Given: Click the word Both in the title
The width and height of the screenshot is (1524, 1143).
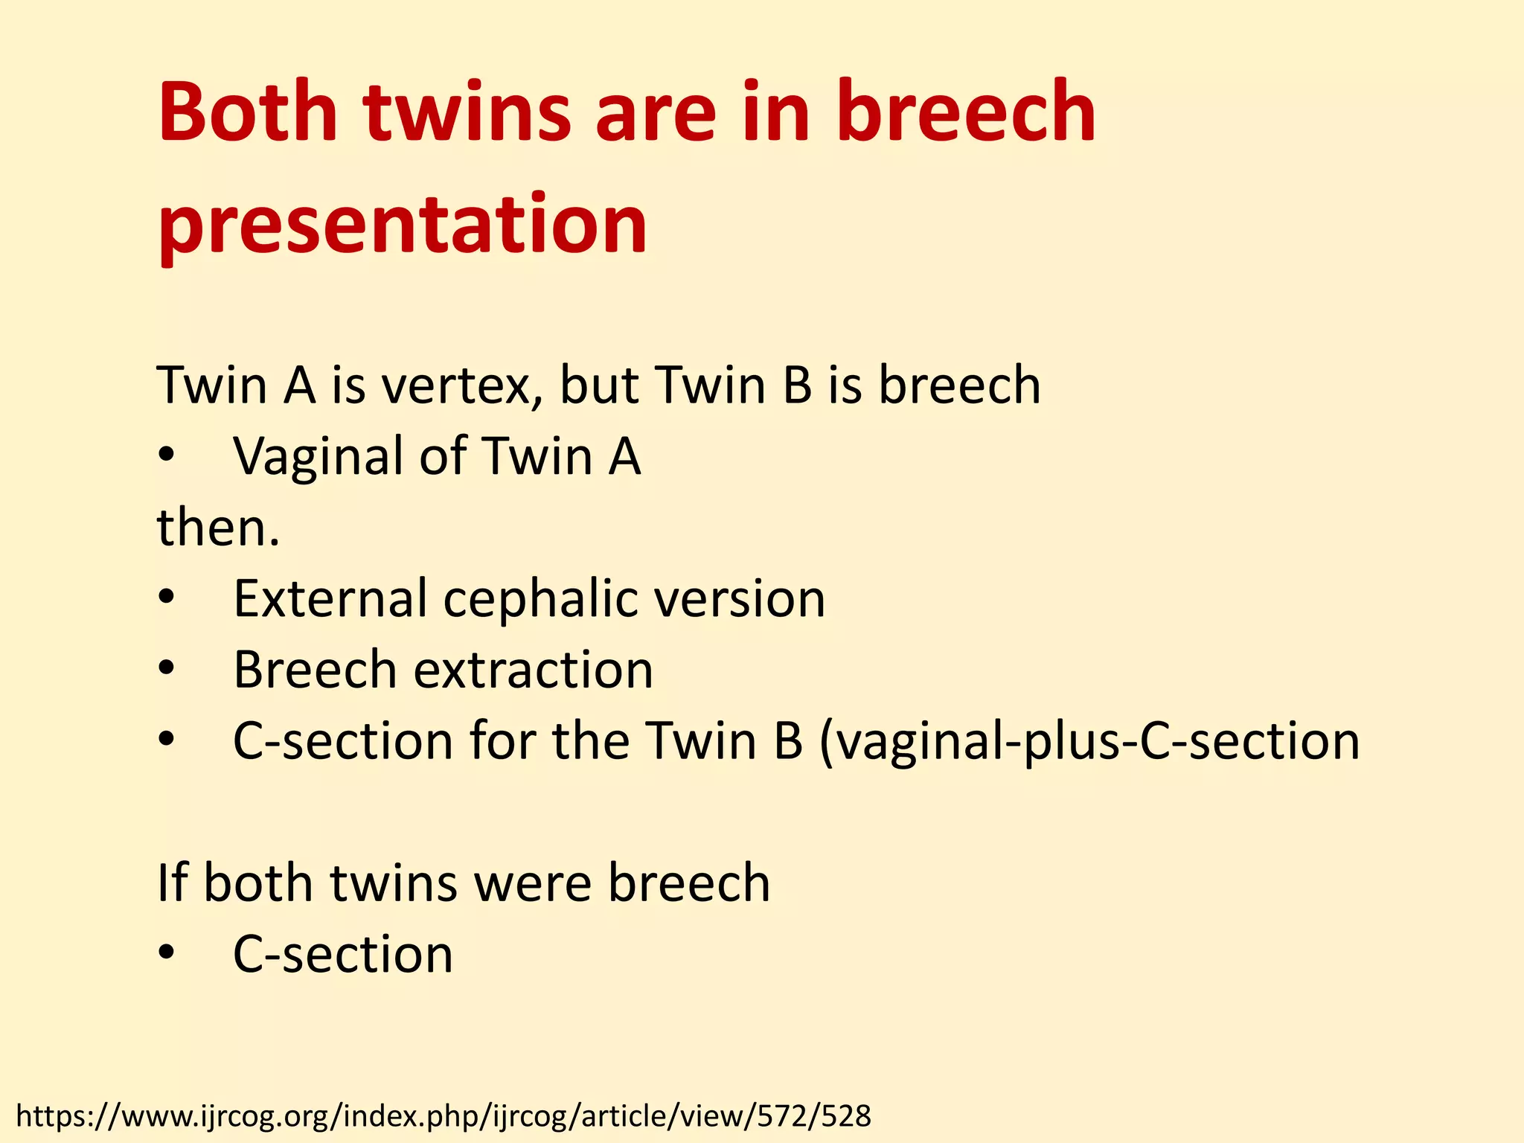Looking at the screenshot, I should coord(248,113).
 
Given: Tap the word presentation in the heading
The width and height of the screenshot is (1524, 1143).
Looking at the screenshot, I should coord(403,223).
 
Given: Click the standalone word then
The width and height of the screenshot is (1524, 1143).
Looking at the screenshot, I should coord(218,528).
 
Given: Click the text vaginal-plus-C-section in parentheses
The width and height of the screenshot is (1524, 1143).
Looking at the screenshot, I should coord(1090,741).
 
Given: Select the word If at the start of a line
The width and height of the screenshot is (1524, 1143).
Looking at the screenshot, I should coord(172,883).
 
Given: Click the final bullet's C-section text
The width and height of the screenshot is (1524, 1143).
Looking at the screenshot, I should coord(343,954).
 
